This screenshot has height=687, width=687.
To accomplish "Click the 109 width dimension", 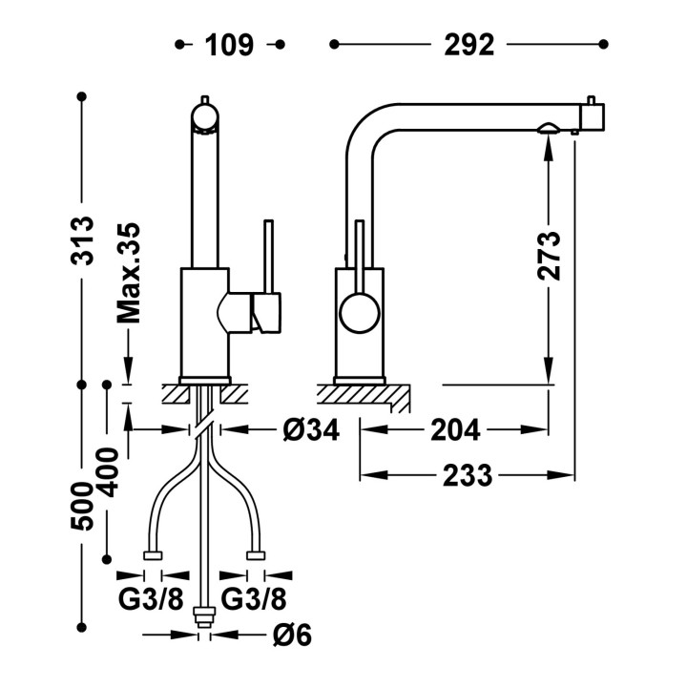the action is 229,45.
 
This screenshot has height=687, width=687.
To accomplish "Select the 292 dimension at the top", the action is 468,45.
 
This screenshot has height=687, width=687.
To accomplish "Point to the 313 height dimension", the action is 82,240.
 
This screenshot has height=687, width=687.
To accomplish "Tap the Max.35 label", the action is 129,273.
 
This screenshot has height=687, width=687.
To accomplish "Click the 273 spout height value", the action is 549,256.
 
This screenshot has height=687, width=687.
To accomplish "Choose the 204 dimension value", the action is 455,429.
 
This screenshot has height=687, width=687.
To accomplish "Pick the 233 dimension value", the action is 468,475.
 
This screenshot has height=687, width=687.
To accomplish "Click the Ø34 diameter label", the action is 311,429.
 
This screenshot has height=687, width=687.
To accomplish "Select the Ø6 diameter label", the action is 292,635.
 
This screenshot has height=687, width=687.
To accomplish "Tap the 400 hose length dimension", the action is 107,472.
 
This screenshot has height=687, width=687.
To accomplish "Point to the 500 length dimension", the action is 82,506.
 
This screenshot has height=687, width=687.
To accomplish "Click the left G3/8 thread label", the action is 151,598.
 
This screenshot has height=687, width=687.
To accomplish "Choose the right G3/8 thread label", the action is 254,598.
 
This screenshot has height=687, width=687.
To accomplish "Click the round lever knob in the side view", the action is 360,313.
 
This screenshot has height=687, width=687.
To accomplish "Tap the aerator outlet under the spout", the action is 548,128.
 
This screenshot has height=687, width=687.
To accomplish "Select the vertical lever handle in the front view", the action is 268,257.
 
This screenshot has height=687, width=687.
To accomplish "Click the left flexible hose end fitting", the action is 153,555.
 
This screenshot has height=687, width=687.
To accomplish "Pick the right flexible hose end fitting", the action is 256,555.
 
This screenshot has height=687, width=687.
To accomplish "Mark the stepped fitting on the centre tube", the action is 204,617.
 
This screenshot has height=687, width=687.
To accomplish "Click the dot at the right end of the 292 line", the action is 603,44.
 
